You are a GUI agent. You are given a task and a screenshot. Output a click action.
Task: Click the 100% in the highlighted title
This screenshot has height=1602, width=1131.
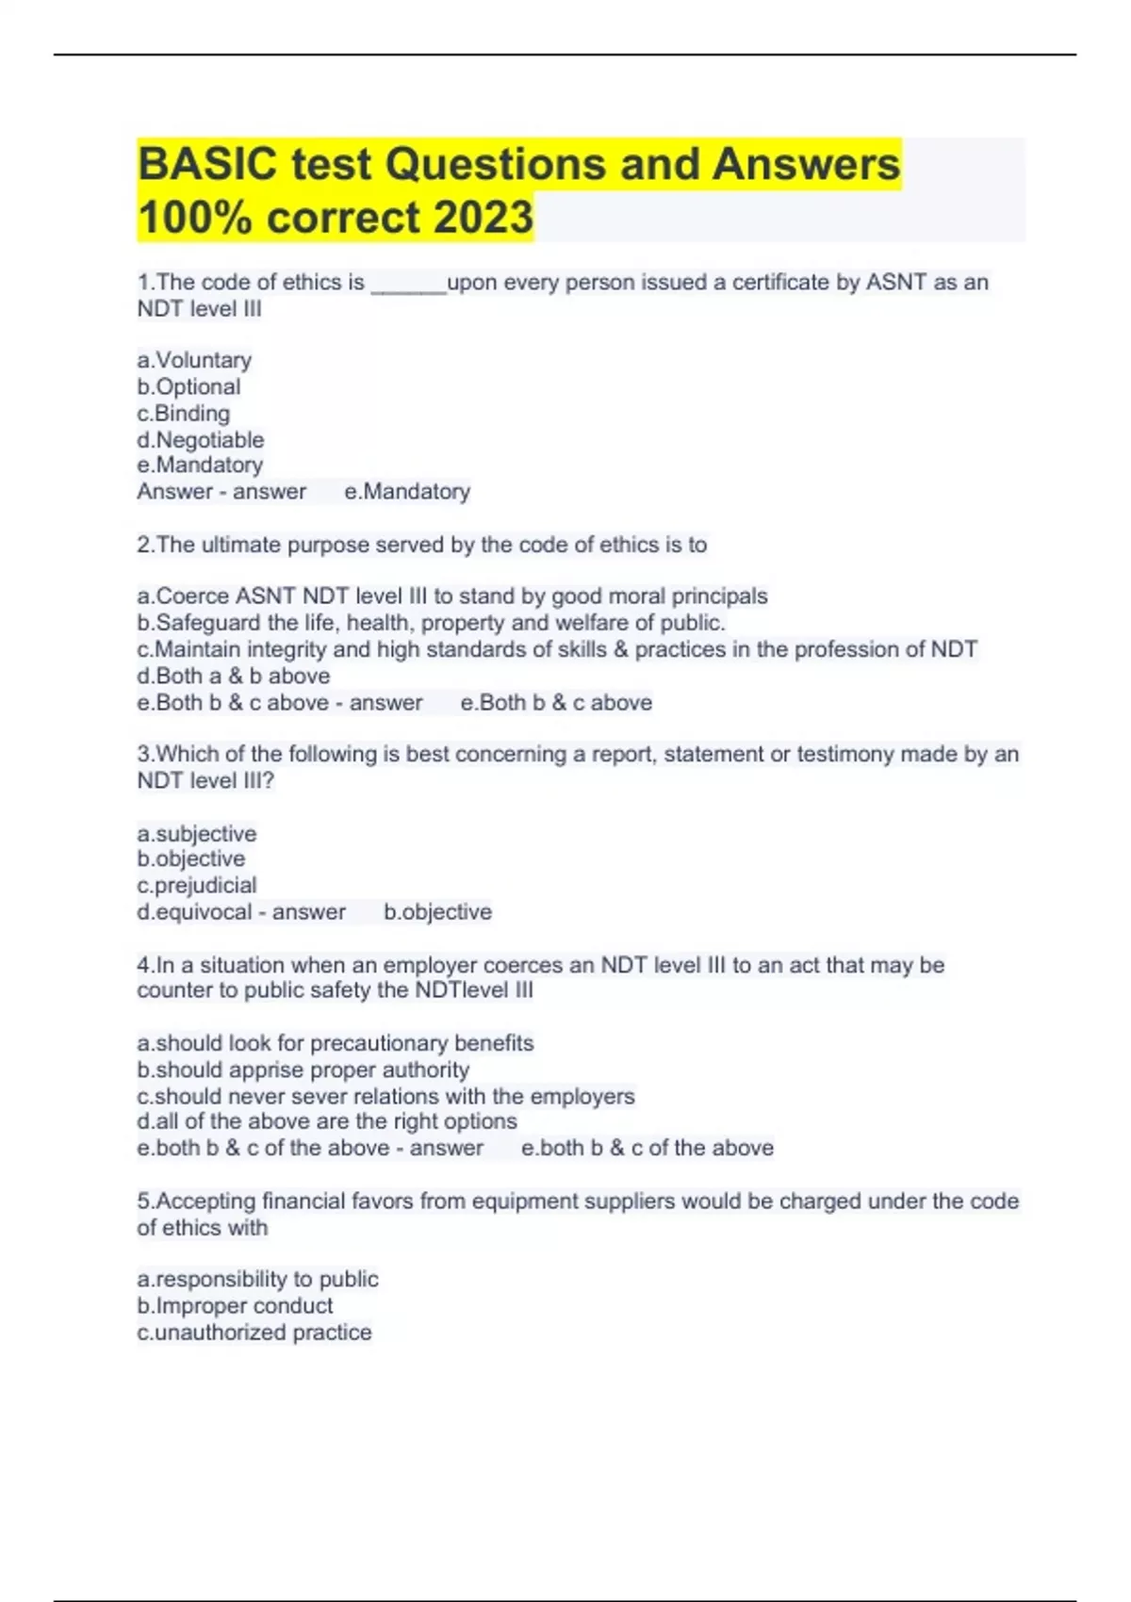coord(194,218)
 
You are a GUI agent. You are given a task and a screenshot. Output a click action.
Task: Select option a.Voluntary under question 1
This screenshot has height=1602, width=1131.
coord(194,360)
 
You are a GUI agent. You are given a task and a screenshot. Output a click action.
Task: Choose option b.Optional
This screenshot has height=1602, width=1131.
coord(188,386)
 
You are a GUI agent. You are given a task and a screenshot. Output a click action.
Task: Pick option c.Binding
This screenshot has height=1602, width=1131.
coord(183,413)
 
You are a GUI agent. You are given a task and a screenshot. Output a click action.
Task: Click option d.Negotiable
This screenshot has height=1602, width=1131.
coord(200,439)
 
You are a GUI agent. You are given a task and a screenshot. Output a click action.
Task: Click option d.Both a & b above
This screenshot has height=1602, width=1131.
coord(233,676)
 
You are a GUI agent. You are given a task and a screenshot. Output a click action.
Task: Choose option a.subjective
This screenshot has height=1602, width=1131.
coord(196,834)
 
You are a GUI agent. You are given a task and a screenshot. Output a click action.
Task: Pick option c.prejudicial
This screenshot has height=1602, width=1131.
coord(196,885)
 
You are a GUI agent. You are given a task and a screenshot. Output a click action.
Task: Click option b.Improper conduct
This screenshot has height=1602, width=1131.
coord(235,1305)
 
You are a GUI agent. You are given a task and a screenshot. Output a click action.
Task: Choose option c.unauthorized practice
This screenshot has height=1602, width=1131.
coord(254,1332)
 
